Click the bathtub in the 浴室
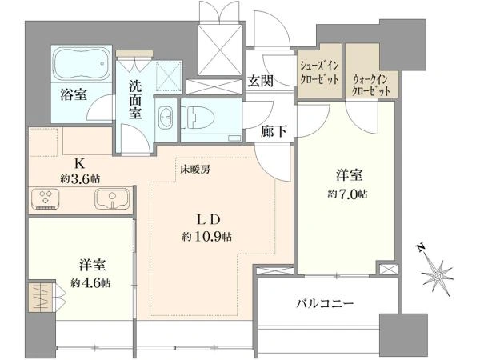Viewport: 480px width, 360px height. (x=82, y=64)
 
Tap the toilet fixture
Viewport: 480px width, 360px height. (x=198, y=118)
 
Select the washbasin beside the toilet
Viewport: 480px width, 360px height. (x=166, y=118)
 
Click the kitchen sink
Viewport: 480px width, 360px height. (x=112, y=199)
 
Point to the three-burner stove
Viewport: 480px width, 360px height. (x=46, y=199)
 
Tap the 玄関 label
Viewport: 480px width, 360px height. (x=260, y=82)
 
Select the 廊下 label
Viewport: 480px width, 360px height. (x=274, y=132)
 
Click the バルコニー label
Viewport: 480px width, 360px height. (x=325, y=304)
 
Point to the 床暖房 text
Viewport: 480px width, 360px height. (x=195, y=170)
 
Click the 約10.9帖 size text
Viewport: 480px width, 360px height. (x=207, y=237)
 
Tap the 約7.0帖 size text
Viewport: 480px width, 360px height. (x=347, y=194)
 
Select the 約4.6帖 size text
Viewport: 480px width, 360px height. (x=90, y=283)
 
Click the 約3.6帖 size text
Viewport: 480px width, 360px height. (x=80, y=178)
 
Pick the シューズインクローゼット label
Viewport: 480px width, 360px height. (x=319, y=73)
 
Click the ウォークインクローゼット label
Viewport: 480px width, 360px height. (x=370, y=86)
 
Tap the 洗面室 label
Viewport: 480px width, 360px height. (x=135, y=100)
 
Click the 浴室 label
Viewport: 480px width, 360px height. (x=74, y=94)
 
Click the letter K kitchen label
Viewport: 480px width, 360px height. (x=79, y=164)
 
